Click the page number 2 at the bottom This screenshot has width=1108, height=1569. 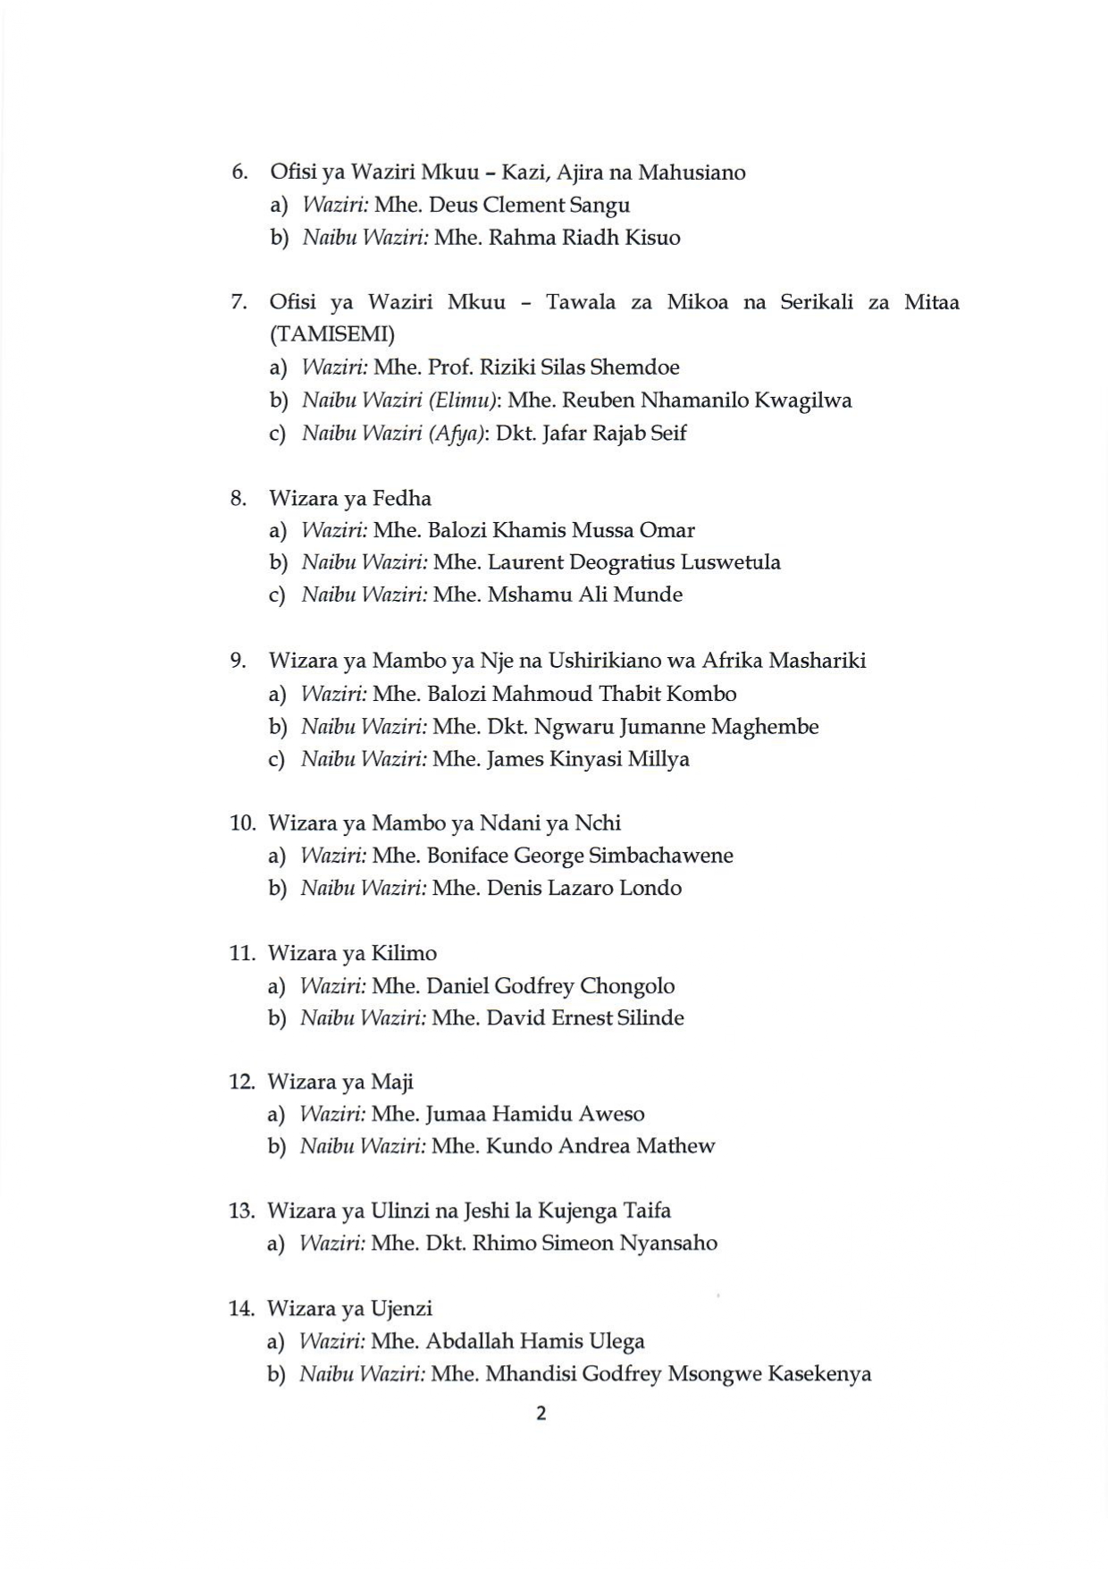click(540, 1413)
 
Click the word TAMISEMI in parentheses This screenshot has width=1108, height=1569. click(332, 334)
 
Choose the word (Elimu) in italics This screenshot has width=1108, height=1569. click(461, 400)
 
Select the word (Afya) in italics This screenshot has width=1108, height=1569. click(457, 433)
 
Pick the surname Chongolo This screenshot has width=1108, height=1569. click(626, 986)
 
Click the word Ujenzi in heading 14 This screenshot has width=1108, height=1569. click(402, 1309)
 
